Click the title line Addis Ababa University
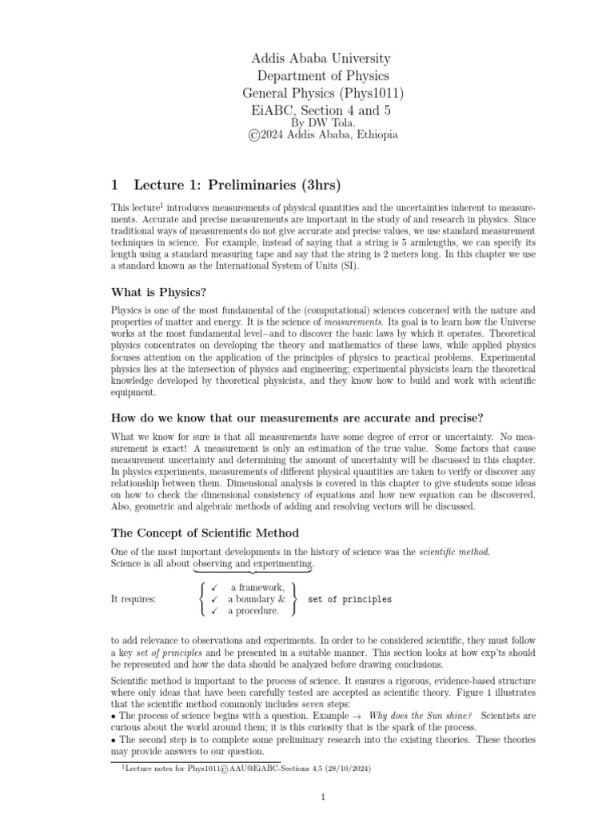pyautogui.click(x=321, y=58)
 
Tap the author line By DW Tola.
pyautogui.click(x=321, y=123)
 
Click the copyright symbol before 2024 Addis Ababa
pyautogui.click(x=255, y=135)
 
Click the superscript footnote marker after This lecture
pyautogui.click(x=161, y=205)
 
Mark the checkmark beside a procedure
pyautogui.click(x=214, y=611)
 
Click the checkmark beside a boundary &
pyautogui.click(x=214, y=599)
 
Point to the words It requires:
pyautogui.click(x=134, y=599)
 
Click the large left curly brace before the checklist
pyautogui.click(x=200, y=599)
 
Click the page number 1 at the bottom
pyautogui.click(x=322, y=797)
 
